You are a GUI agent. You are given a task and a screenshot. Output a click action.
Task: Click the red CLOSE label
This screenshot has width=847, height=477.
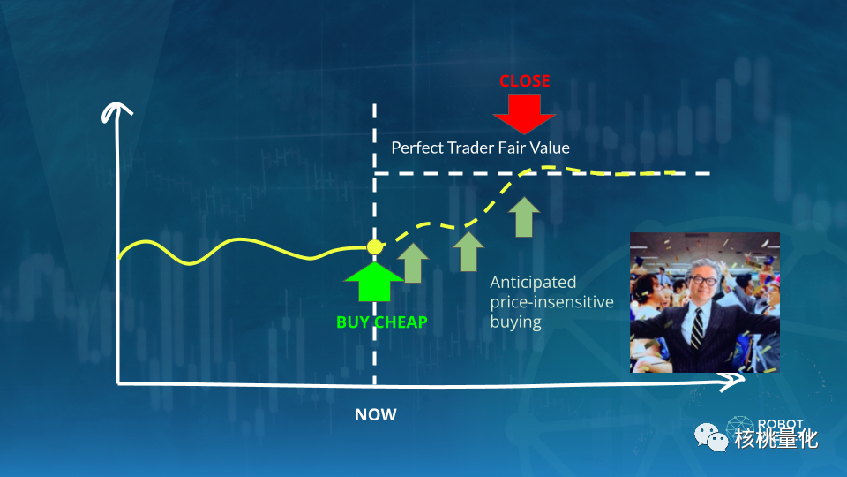pos(524,81)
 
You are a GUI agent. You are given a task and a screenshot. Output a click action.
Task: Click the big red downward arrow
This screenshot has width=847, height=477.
pos(524,114)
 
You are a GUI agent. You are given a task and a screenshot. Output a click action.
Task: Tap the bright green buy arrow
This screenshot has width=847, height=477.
pos(374,281)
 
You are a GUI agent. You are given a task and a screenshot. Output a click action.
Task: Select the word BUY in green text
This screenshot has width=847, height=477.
pos(353,322)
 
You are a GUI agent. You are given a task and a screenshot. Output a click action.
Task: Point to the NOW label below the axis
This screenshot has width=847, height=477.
pos(376,415)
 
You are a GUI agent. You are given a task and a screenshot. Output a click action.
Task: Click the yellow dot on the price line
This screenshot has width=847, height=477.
pos(375,247)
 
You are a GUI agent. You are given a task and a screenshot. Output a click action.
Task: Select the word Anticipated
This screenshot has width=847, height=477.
pos(533,283)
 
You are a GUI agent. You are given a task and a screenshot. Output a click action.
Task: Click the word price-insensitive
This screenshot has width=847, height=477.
pos(551,302)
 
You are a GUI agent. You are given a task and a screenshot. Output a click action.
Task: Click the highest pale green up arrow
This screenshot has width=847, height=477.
pos(524,217)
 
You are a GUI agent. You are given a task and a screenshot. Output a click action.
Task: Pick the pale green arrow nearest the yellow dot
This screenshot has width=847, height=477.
pos(413,263)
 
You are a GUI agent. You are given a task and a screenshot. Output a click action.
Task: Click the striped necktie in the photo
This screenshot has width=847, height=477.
pos(697,328)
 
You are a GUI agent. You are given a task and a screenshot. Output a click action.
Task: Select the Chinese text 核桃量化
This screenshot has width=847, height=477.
pos(776,439)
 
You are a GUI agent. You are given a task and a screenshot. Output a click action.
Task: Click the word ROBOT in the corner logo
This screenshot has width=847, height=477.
pos(781,424)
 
